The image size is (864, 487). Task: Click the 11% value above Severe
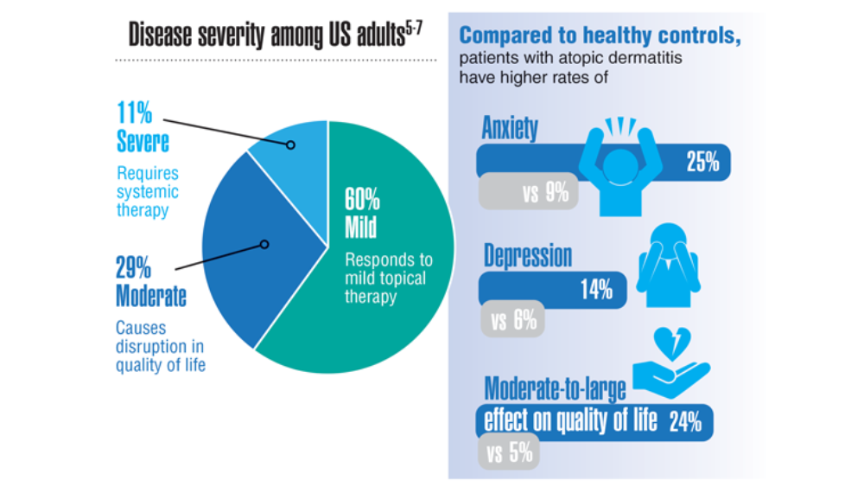(135, 113)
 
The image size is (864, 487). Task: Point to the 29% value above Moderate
(133, 268)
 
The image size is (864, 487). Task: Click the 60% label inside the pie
(362, 200)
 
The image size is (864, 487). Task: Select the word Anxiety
(510, 128)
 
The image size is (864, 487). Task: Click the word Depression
(528, 255)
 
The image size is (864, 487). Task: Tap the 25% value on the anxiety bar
(702, 162)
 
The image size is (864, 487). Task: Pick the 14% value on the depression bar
(596, 290)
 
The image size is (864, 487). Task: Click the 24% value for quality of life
(685, 422)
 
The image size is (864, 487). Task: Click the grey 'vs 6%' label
(512, 319)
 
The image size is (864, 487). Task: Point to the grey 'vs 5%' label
(509, 452)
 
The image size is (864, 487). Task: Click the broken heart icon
(672, 343)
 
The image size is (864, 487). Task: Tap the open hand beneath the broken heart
(671, 380)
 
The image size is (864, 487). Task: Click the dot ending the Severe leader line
(290, 145)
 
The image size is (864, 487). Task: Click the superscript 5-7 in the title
(414, 29)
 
